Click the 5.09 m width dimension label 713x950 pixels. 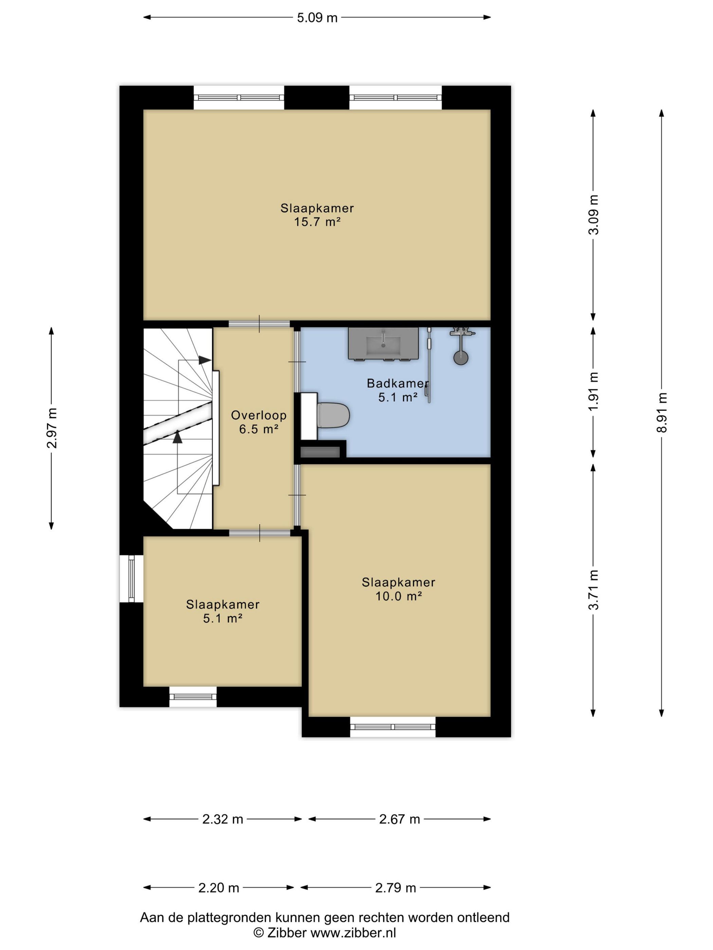tap(317, 18)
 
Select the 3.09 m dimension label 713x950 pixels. tap(593, 214)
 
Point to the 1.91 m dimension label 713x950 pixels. tap(593, 391)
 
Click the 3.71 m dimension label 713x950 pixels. tap(593, 590)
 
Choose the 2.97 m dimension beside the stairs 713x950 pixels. tap(52, 428)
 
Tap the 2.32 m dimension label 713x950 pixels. tap(223, 819)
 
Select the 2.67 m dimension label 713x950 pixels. tap(399, 819)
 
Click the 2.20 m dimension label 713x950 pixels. tap(218, 888)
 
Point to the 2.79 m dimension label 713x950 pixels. tap(396, 888)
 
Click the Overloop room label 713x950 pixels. tap(259, 415)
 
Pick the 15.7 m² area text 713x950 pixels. tap(317, 222)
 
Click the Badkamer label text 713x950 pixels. tap(398, 383)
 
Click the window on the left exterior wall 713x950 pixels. tap(131, 578)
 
